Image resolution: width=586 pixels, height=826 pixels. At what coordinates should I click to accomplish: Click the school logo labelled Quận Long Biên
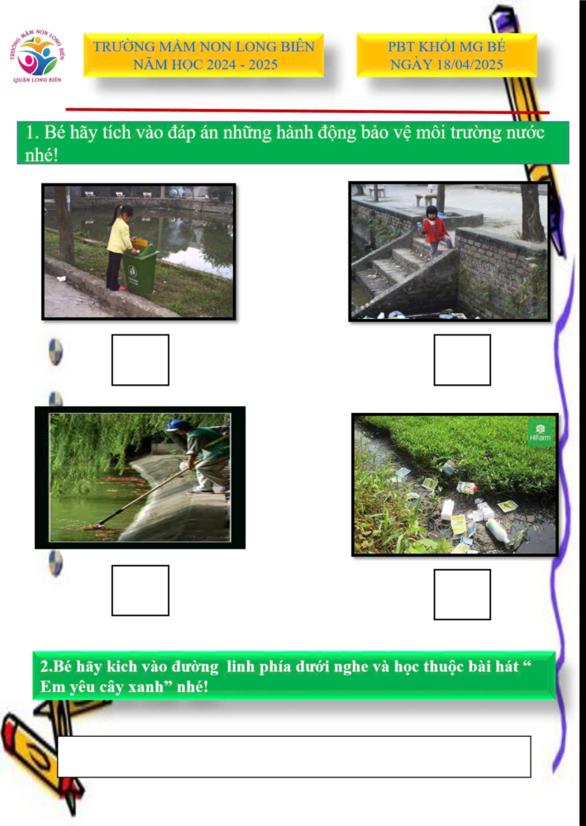point(37,57)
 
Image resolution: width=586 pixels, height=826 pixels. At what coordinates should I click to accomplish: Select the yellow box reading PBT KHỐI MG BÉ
point(446,55)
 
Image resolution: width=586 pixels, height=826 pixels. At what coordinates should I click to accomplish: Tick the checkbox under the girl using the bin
point(141,360)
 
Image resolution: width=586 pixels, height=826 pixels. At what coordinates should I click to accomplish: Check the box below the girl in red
point(462,360)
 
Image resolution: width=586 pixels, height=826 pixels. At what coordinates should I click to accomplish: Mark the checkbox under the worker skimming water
point(141,590)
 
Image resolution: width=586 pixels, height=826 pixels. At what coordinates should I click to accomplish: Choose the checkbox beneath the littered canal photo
point(462,594)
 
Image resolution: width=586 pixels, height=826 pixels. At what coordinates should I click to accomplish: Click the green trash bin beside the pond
point(140,268)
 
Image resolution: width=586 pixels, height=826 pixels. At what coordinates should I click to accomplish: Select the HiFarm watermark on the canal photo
point(541,433)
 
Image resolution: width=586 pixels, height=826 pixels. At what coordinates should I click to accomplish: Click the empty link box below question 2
point(294,757)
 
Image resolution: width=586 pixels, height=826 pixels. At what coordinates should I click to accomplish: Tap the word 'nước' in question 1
point(522,132)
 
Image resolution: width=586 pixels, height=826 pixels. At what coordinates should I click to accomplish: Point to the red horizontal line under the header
point(307,111)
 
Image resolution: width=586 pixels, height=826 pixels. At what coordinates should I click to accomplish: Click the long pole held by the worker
point(142,496)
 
